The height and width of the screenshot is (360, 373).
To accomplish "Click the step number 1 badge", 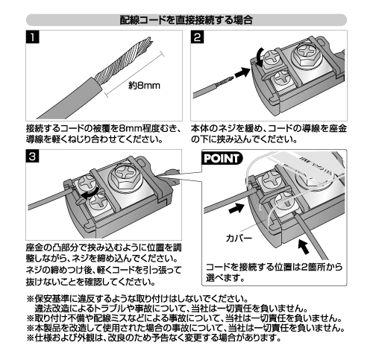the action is pyautogui.click(x=32, y=37).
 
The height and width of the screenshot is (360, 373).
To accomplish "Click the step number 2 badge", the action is pyautogui.click(x=198, y=37).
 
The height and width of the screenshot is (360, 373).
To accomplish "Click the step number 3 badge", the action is pyautogui.click(x=32, y=156).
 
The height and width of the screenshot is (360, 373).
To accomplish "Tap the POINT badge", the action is pyautogui.click(x=222, y=158).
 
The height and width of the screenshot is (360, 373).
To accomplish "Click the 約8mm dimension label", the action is pyautogui.click(x=144, y=86).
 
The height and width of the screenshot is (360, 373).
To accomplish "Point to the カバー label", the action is pyautogui.click(x=239, y=239).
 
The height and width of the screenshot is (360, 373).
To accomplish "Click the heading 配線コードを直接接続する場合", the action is pyautogui.click(x=186, y=20).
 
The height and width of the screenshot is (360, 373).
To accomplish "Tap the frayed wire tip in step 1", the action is pyautogui.click(x=148, y=42).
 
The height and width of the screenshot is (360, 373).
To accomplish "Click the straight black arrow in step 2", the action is pyautogui.click(x=242, y=73).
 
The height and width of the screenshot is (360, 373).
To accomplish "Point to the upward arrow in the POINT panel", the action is pyautogui.click(x=304, y=247).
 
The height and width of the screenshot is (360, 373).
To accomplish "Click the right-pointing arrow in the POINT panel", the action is pyautogui.click(x=236, y=207).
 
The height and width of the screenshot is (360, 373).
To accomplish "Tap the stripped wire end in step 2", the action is pyautogui.click(x=225, y=81).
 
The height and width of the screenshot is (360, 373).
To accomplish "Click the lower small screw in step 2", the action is pyautogui.click(x=282, y=79).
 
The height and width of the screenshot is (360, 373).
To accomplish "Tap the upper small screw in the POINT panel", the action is pyautogui.click(x=272, y=180).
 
